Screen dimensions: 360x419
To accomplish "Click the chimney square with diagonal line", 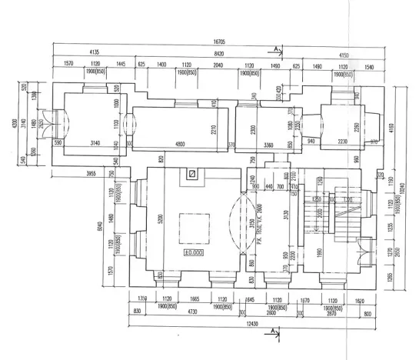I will [191, 175].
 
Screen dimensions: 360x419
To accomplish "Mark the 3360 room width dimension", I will [263, 143].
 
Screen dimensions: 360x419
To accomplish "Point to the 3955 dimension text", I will [89, 174].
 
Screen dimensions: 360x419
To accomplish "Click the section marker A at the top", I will [274, 47].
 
